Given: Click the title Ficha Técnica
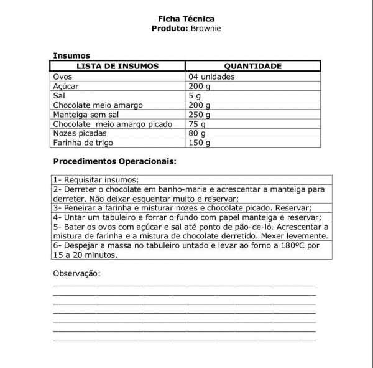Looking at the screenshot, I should tap(186, 19).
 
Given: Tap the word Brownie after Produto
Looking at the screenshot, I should tap(206, 29).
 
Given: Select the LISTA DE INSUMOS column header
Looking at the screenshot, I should tap(117, 66).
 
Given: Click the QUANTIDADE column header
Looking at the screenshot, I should tap(253, 66).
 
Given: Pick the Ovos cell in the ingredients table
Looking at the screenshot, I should tap(63, 77).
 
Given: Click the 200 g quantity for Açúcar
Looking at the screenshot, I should tap(200, 86).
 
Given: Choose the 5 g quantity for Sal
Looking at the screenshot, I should tap(195, 96).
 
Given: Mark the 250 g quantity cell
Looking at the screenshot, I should tap(200, 115).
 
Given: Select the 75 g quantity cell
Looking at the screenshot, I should tap(197, 124).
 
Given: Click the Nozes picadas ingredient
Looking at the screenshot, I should tap(80, 133).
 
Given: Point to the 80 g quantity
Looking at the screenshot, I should tap(197, 133).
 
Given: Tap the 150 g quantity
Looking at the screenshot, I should tap(200, 143).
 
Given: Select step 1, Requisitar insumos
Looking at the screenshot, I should tap(96, 179).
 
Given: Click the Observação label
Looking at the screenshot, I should tap(76, 273).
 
